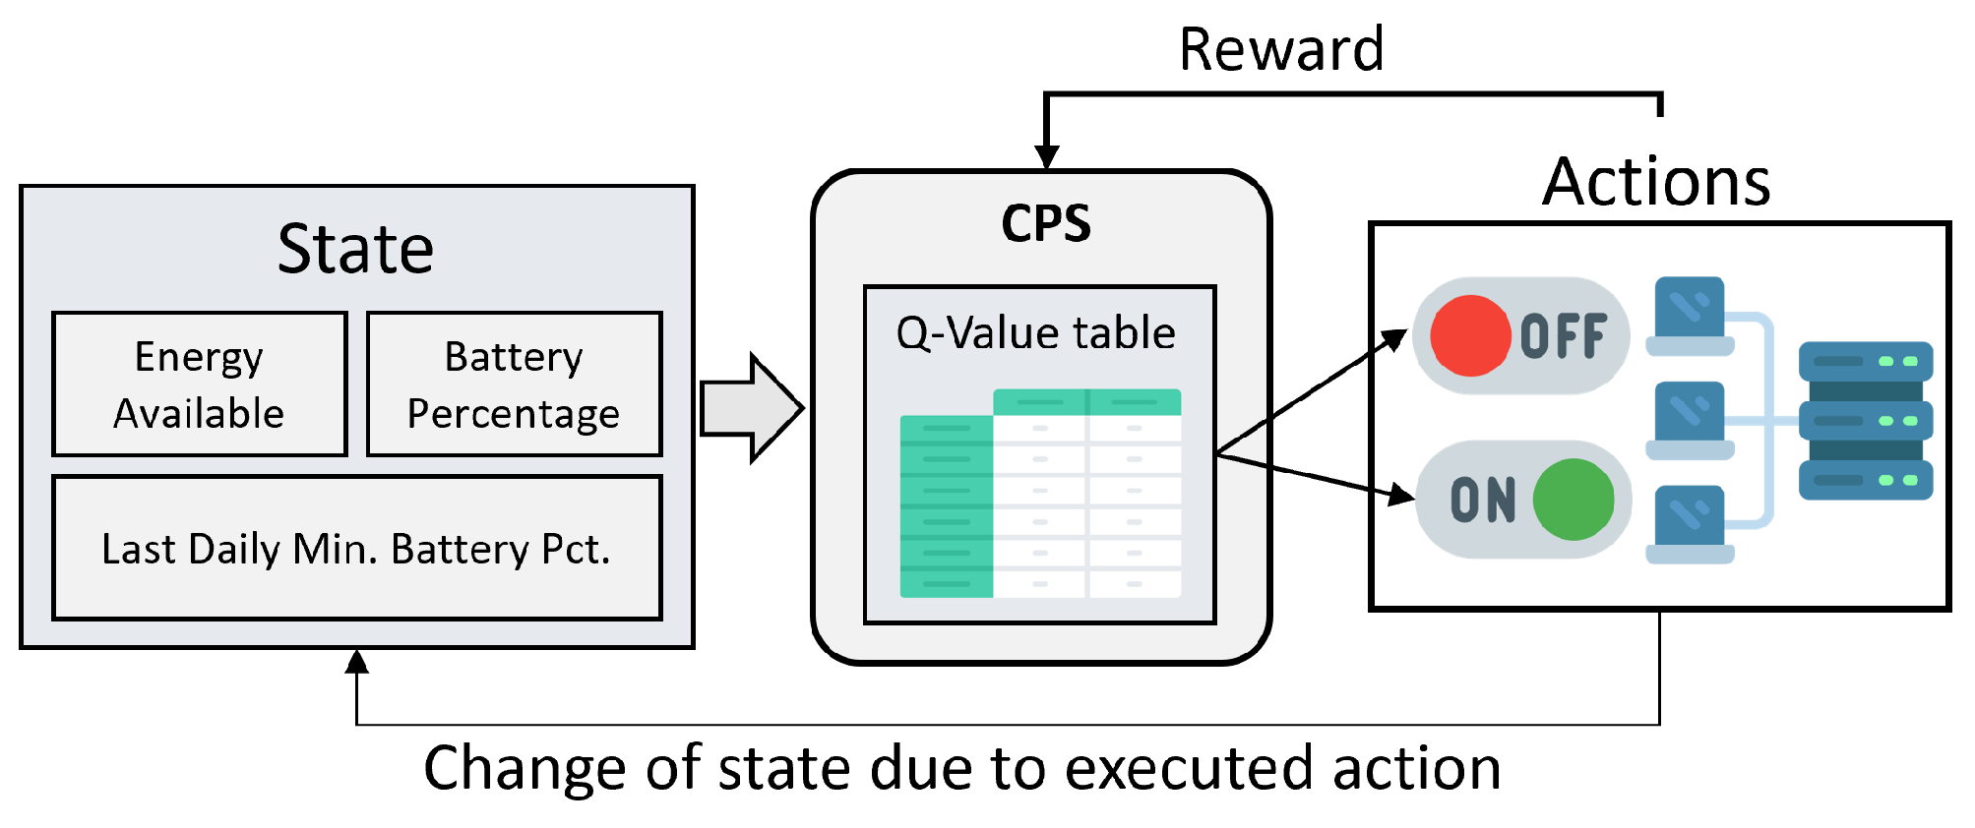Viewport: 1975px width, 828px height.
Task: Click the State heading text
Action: (355, 249)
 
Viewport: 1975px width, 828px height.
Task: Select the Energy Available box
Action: (200, 384)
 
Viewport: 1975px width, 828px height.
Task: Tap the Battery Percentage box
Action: (514, 384)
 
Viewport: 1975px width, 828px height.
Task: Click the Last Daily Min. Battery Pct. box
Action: (356, 548)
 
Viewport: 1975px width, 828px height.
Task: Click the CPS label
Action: (1045, 223)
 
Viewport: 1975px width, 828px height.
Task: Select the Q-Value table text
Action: (1035, 332)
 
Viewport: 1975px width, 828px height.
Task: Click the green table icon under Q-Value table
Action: (1040, 494)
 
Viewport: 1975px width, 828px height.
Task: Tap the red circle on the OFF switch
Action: (1470, 336)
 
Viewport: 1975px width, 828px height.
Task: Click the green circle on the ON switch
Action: (1573, 500)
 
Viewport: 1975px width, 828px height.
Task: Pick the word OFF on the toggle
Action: (1564, 337)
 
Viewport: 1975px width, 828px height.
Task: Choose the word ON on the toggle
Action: (1483, 501)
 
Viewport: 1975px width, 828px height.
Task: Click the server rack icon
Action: (1865, 421)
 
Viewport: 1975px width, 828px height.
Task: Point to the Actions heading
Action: (1656, 182)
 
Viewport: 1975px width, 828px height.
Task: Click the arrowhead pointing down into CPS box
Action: (1046, 157)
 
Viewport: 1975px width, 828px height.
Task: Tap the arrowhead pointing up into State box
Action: (357, 661)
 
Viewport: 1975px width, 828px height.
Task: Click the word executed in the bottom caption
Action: (1190, 768)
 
